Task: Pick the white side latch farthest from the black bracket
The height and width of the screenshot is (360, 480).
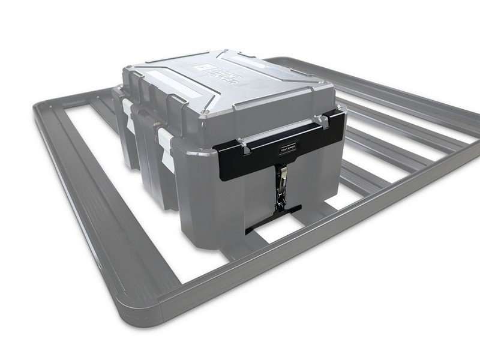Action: coord(128,110)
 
